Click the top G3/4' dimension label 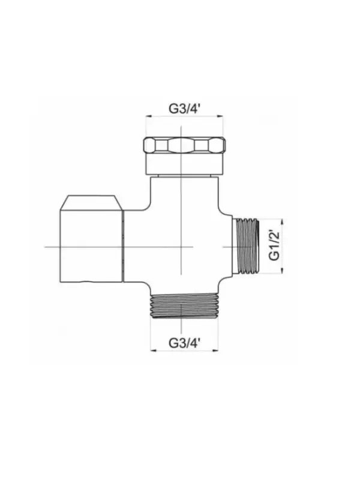click(184, 109)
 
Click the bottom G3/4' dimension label click(184, 343)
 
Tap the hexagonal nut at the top click(184, 145)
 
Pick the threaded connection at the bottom click(184, 306)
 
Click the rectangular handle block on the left click(91, 246)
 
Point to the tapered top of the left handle click(91, 203)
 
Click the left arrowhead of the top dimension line click(148, 116)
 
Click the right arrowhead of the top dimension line click(220, 116)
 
